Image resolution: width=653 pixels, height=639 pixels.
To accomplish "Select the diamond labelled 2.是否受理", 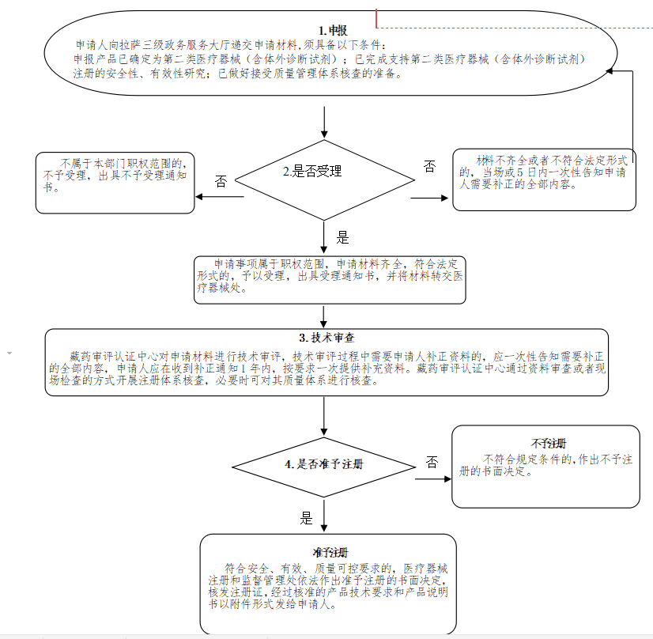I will (x=323, y=172).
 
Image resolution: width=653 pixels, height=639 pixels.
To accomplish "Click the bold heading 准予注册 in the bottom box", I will (x=329, y=552).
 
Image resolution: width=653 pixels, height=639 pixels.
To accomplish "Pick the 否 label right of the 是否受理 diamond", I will (x=428, y=166).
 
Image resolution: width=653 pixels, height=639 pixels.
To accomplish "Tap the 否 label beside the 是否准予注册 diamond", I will (x=432, y=462).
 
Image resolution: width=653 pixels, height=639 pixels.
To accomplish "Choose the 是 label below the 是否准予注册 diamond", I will (x=308, y=519).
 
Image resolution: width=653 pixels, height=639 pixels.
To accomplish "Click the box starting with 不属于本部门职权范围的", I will (x=115, y=182).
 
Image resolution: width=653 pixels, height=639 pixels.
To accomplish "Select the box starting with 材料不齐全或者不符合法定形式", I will (x=544, y=179).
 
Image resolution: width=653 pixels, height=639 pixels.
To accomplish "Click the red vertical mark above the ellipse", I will (x=377, y=18).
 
